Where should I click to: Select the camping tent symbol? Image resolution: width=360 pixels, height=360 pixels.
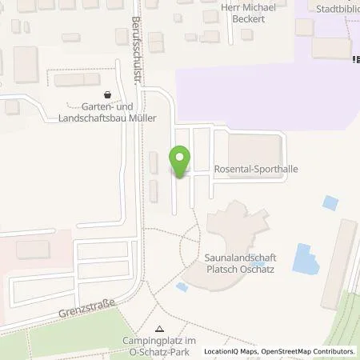[159, 329]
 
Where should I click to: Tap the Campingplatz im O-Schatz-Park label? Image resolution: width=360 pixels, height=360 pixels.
[158, 345]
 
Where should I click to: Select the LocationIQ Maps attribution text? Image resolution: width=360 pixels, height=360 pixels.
[227, 351]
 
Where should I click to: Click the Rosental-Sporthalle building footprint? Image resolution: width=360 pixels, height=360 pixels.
[254, 148]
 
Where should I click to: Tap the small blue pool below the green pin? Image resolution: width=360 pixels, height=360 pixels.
[182, 286]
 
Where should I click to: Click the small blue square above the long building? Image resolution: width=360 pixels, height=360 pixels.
[329, 202]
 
